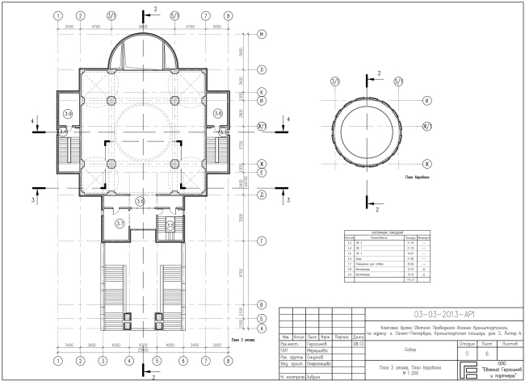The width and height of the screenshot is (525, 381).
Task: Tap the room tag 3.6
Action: (x=141, y=201)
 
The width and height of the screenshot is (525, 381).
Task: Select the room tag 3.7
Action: (x=120, y=223)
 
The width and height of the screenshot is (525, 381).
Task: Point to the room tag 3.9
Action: (x=68, y=114)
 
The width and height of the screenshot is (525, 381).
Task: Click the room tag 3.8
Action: (x=218, y=114)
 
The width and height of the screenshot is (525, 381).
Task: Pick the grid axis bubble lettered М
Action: (x=262, y=35)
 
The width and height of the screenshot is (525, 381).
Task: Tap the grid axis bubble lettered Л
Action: (x=262, y=71)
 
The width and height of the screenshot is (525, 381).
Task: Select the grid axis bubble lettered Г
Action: (x=262, y=241)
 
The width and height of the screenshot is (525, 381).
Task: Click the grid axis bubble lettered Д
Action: (x=262, y=195)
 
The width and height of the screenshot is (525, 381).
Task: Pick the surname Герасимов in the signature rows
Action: (x=318, y=343)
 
